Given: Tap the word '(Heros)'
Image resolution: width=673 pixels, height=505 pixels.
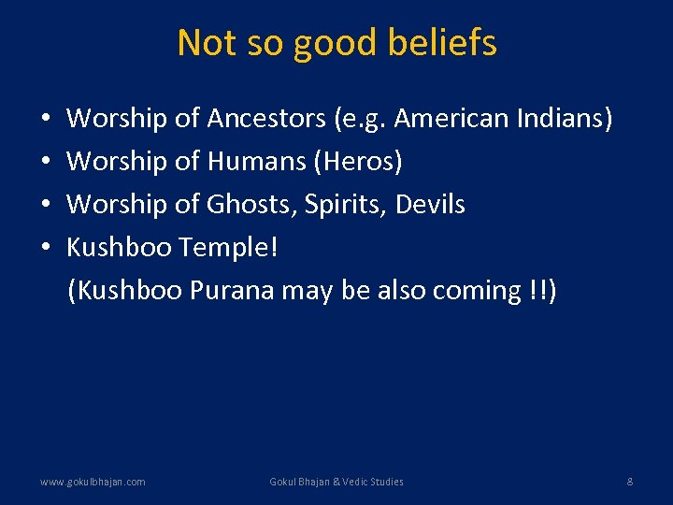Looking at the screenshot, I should [359, 162].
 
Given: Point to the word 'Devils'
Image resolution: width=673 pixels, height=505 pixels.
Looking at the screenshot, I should [430, 205].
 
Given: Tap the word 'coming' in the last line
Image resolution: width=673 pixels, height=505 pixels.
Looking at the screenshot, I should [477, 291].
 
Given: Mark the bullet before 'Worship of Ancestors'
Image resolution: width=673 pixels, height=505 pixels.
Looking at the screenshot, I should [46, 120].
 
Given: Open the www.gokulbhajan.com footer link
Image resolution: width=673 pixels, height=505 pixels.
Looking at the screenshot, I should [93, 482].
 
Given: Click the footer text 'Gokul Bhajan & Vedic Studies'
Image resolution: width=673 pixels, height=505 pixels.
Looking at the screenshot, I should [336, 482].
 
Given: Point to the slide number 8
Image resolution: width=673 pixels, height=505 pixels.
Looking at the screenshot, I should [630, 482].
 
